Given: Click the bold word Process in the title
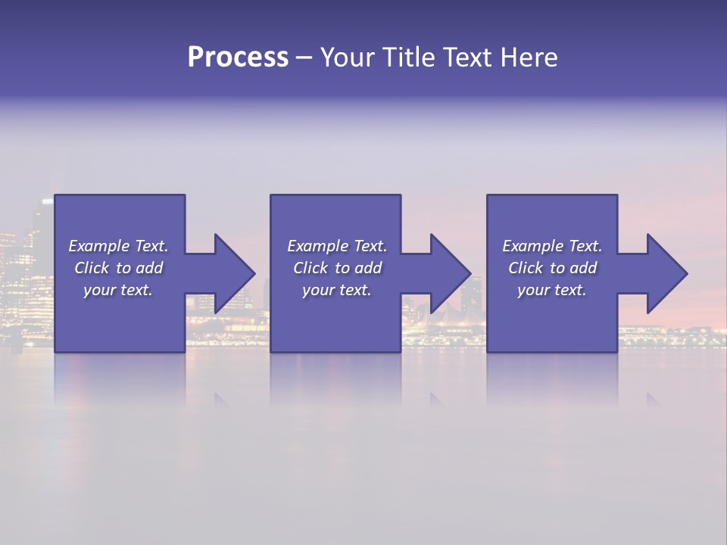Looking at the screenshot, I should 238,58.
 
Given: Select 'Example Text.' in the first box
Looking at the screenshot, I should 118,246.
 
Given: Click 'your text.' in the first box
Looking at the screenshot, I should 118,290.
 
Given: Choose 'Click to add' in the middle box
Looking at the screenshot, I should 337,268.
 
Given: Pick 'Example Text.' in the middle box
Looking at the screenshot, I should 337,246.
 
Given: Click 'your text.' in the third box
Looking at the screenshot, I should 552,290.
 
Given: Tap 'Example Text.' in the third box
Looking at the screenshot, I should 552,246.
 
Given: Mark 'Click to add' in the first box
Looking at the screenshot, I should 118,268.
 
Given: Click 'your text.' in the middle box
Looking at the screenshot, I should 337,290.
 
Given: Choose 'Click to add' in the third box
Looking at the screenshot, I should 552,268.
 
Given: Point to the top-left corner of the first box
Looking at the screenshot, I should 55,195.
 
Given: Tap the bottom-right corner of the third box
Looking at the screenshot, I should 616,351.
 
